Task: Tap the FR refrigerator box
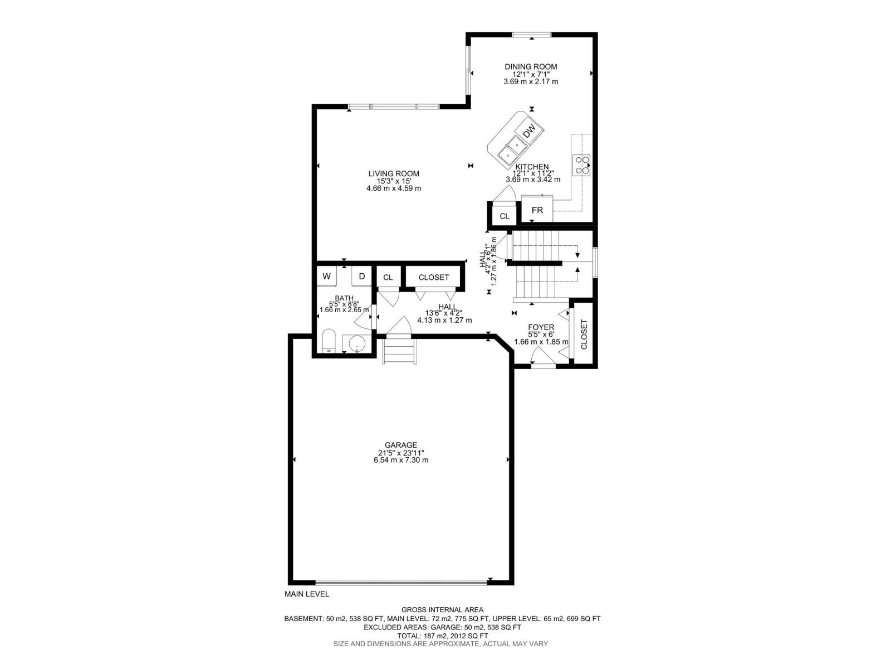[x=537, y=210]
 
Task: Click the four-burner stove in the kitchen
[x=581, y=164]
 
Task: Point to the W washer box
[x=327, y=277]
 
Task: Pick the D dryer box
[x=361, y=277]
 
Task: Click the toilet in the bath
[x=329, y=341]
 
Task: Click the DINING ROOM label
[x=531, y=67]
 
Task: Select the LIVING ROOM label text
[x=393, y=173]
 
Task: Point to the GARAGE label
[x=401, y=445]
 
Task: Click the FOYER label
[x=541, y=327]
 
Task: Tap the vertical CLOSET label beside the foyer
[x=584, y=334]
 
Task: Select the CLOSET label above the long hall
[x=433, y=277]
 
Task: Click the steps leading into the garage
[x=399, y=351]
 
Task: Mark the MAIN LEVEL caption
[x=307, y=594]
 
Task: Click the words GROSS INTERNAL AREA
[x=442, y=610]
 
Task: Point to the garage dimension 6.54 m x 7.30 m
[x=401, y=460]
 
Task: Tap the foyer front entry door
[x=542, y=365]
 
